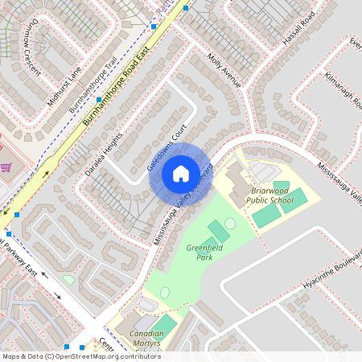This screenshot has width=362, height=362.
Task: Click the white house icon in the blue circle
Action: point(180,173)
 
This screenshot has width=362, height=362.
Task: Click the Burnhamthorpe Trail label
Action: point(94,84)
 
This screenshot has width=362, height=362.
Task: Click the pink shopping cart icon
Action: point(6,167)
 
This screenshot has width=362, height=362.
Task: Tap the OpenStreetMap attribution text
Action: point(80,356)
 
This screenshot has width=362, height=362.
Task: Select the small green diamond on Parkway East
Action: point(68,279)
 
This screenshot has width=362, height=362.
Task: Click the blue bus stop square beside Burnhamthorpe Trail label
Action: point(99,100)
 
